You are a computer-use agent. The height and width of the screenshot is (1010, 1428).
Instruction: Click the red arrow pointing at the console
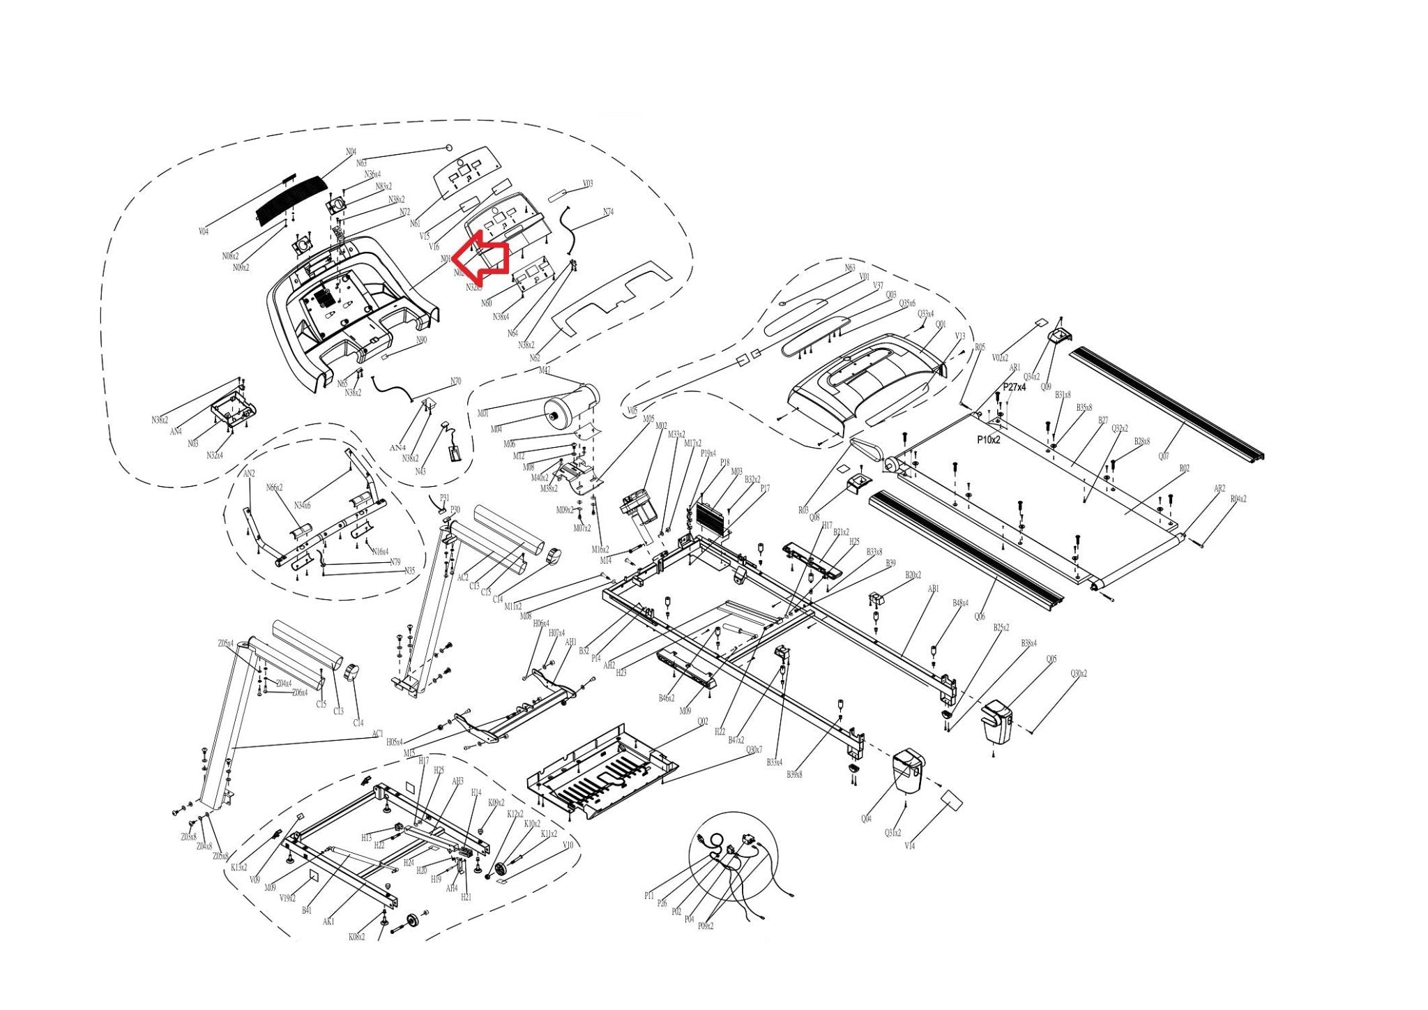(483, 260)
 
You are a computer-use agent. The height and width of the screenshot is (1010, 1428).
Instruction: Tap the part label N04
(351, 152)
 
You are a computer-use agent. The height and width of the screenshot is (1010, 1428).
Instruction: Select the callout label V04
(204, 232)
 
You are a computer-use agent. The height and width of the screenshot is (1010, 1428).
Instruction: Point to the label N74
(608, 212)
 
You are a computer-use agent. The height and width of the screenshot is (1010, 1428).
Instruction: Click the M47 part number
(545, 370)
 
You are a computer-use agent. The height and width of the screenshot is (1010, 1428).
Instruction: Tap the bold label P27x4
(1015, 387)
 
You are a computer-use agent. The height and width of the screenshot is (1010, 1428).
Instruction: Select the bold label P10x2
(988, 440)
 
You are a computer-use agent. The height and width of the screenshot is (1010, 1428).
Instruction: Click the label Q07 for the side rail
(1164, 456)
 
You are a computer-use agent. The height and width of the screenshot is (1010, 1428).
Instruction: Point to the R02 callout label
(1184, 469)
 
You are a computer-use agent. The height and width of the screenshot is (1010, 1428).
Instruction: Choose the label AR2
(1219, 489)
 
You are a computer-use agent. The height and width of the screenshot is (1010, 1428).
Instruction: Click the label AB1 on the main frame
(933, 589)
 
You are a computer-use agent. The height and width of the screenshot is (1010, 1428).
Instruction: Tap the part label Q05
(1051, 659)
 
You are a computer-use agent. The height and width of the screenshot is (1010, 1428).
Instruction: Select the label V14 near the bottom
(909, 846)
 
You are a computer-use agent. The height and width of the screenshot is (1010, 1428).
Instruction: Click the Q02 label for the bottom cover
(702, 722)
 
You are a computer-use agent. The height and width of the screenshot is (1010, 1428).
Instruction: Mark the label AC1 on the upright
(377, 734)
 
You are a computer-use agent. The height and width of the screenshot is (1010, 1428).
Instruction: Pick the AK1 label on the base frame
(328, 921)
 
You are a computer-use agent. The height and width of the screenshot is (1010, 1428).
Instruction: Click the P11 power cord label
(649, 896)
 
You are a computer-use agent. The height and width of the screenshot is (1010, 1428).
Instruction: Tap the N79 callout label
(395, 562)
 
